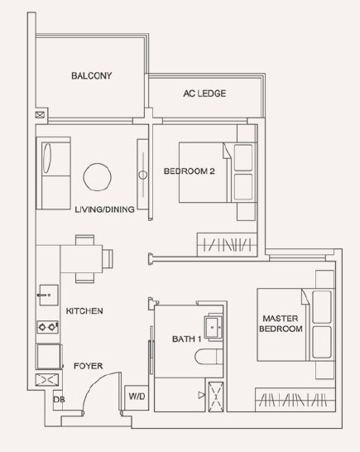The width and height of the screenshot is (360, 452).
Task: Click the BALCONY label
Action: tap(91, 75)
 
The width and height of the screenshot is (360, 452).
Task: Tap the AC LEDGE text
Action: tap(204, 94)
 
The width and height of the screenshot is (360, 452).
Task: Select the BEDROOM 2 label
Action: tap(189, 171)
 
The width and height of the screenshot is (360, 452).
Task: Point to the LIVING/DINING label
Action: tap(104, 209)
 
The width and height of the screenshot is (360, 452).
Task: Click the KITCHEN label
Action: tap(84, 311)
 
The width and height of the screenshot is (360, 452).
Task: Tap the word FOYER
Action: tap(89, 366)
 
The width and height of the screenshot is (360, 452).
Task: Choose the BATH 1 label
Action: tap(186, 339)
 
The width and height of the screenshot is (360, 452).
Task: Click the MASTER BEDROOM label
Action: tap(281, 324)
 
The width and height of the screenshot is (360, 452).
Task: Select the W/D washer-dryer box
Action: tap(137, 397)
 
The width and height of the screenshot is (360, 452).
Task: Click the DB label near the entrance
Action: tap(59, 400)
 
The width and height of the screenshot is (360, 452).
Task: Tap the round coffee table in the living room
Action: tap(98, 177)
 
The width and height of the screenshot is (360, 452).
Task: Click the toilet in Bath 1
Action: tap(209, 357)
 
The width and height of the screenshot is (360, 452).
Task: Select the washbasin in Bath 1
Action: tap(214, 327)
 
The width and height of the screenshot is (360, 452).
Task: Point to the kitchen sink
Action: tap(49, 295)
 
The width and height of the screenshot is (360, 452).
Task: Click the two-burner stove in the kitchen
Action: tap(47, 327)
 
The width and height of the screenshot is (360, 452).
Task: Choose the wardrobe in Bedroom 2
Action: tap(227, 244)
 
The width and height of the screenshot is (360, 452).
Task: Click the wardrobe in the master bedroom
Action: tap(295, 400)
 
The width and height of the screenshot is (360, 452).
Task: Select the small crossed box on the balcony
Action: tap(40, 115)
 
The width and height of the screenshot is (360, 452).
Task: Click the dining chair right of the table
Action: tap(108, 259)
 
